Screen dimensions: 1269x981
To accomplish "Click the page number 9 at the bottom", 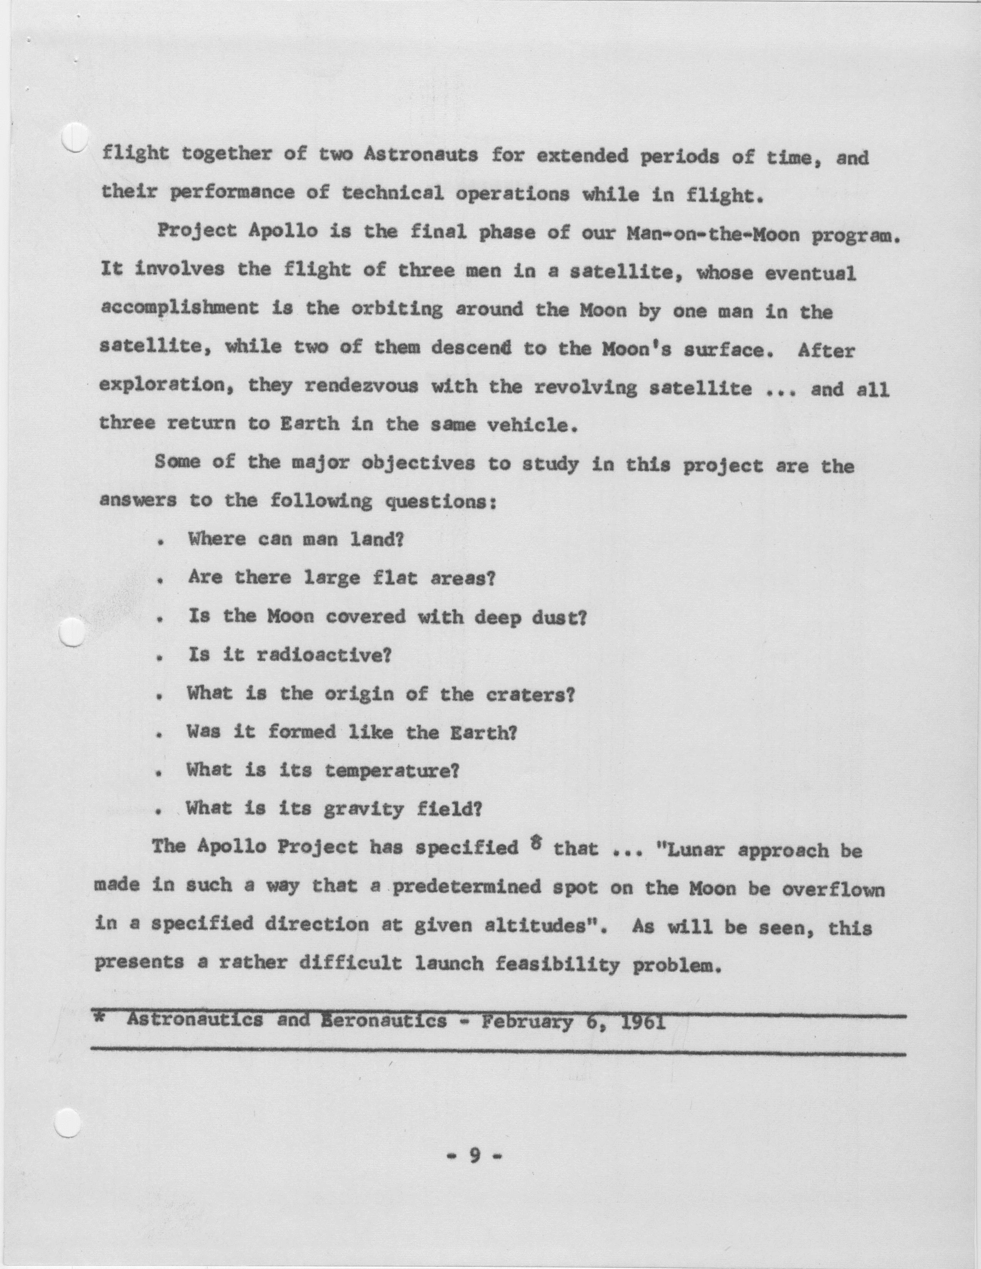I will click(475, 1157).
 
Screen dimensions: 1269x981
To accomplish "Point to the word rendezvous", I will click(361, 387).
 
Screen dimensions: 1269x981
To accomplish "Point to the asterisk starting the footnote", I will click(99, 1019).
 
